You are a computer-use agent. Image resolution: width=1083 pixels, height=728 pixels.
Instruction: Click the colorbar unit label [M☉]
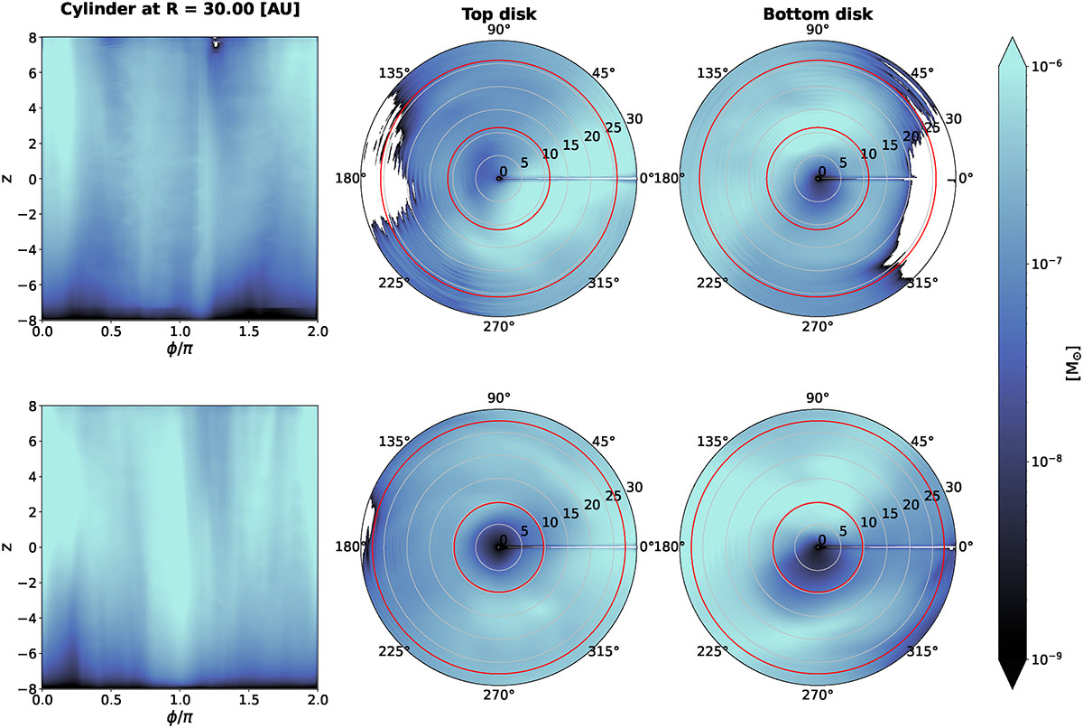pos(1070,362)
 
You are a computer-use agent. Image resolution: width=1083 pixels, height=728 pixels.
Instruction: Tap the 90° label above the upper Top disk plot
pos(499,30)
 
